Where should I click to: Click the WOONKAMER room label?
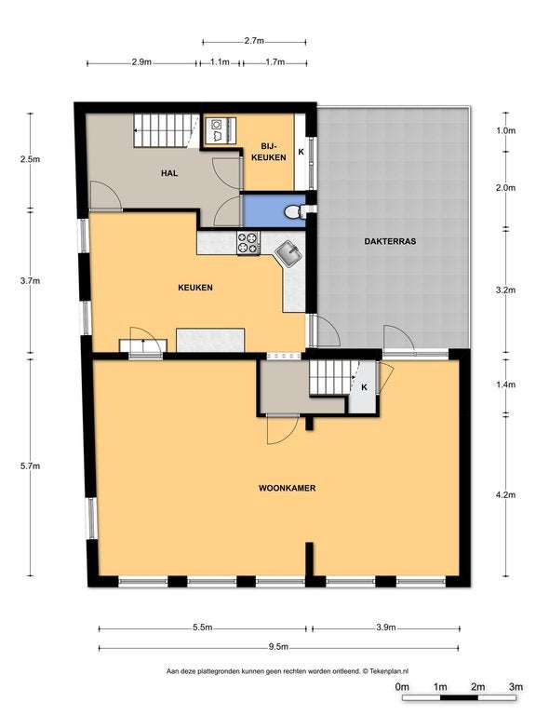tap(288, 488)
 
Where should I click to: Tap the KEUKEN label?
tap(195, 288)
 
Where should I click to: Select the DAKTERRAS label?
tap(390, 242)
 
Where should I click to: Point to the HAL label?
tap(169, 173)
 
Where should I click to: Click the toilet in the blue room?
tap(294, 211)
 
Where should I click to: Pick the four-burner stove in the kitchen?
tap(248, 243)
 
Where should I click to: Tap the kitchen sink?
tap(288, 253)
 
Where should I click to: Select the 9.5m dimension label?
tap(278, 647)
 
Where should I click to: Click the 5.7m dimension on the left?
tap(30, 466)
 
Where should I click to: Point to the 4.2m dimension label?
tap(506, 494)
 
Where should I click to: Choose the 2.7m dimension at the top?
tap(254, 41)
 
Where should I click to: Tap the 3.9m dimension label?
tap(385, 627)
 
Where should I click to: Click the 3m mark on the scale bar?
tap(516, 687)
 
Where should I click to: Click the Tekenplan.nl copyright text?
tap(385, 671)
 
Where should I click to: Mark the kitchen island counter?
tap(210, 340)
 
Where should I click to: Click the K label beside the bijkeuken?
tap(301, 152)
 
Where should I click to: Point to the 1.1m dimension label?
tap(220, 62)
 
